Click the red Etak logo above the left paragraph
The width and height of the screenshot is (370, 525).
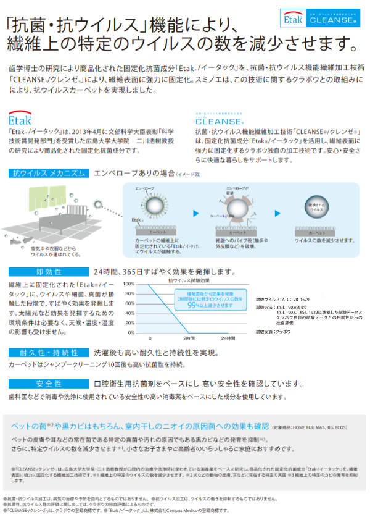point(20,118)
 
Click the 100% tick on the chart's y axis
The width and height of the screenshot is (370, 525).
point(129,284)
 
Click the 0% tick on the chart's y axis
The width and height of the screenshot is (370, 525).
point(131,332)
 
